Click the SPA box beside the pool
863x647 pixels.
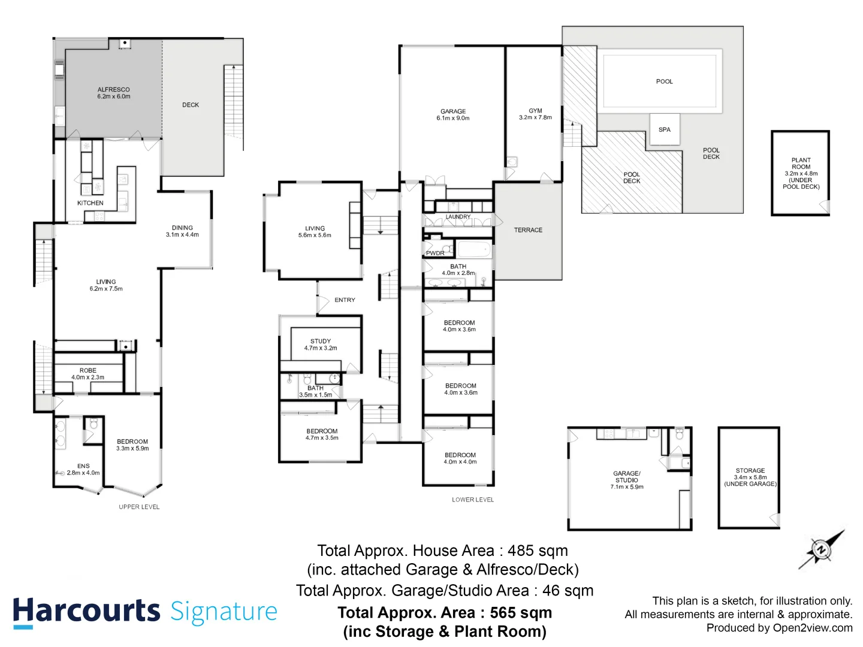tap(665, 129)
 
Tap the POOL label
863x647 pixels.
tap(664, 81)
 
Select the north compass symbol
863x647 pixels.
tap(820, 549)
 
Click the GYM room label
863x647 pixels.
tap(535, 111)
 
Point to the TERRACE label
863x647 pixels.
tap(528, 230)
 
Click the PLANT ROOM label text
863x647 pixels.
tap(801, 164)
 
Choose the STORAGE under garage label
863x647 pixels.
tap(750, 471)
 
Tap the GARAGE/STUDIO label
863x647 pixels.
tap(627, 477)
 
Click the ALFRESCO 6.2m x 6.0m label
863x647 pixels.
tap(114, 93)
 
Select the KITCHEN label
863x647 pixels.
tap(90, 203)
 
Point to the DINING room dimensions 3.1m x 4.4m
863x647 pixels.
tap(182, 235)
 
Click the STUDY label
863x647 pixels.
tap(321, 341)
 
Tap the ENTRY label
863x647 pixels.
tap(345, 300)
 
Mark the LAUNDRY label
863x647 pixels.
tap(458, 217)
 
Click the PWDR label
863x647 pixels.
tap(435, 253)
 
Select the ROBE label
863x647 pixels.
tap(88, 370)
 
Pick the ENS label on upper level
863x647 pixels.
tap(83, 465)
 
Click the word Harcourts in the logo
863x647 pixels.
tap(86, 612)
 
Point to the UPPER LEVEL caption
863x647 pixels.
tap(139, 507)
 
